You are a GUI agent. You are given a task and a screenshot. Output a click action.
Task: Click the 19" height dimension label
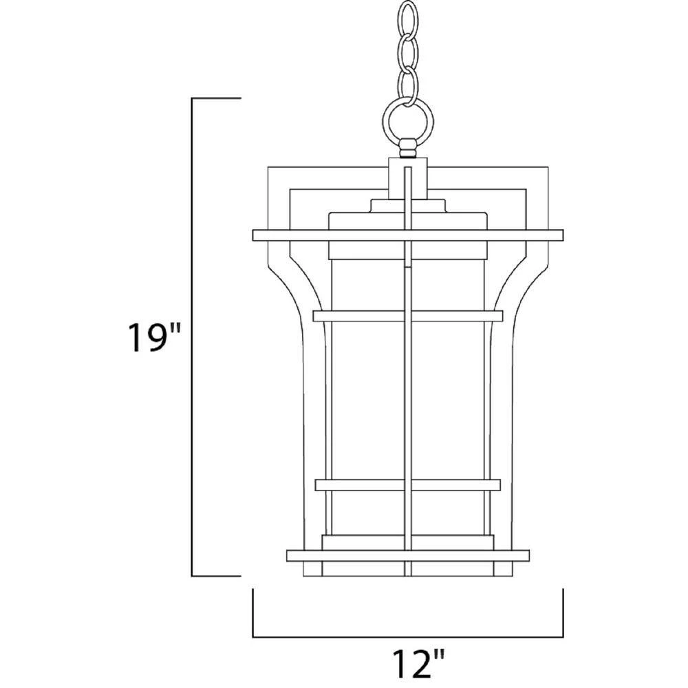coord(148,337)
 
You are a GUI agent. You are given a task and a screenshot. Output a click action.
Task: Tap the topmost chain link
coord(408,19)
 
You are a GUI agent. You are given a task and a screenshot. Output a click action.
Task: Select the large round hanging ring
coord(408,120)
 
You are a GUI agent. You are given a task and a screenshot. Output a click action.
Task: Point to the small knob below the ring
coord(408,148)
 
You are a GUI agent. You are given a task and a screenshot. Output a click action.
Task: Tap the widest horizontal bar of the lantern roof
coord(408,235)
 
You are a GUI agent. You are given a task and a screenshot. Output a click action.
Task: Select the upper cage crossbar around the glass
coord(408,316)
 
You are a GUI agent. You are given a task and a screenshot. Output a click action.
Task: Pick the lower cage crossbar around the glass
coord(408,485)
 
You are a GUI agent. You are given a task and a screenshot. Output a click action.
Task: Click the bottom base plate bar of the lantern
coord(408,555)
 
